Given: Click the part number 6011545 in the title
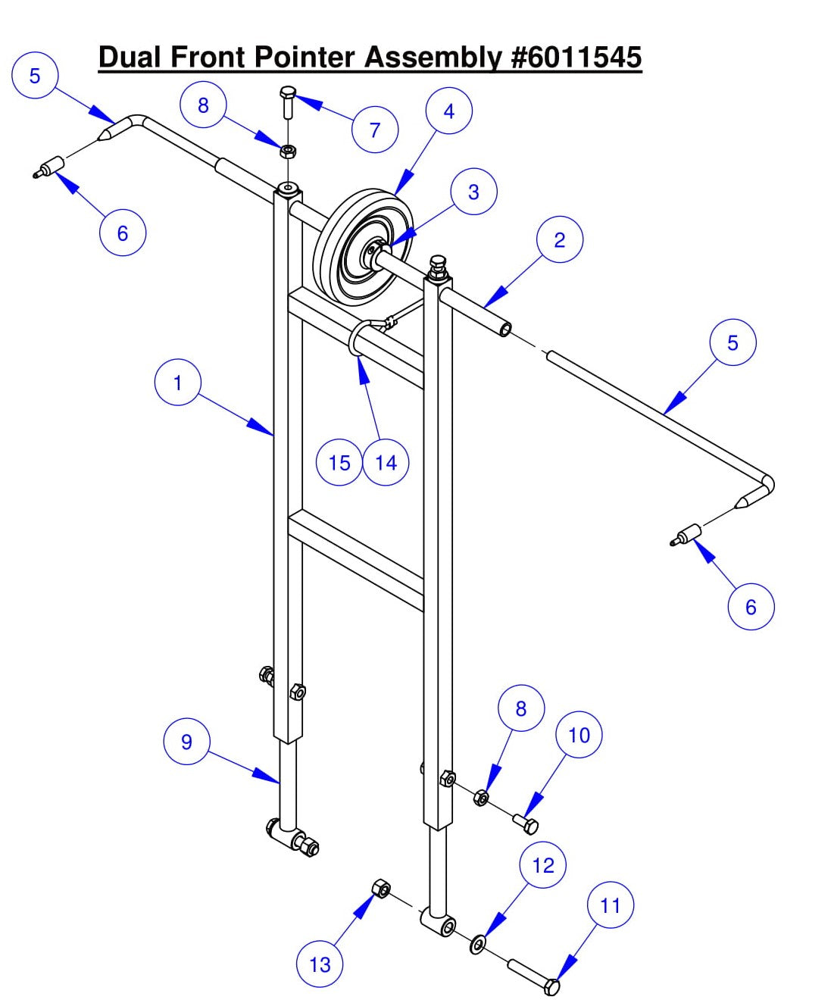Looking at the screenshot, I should tap(577, 58).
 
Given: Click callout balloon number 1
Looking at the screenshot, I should tap(177, 383).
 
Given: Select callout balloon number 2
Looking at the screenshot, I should tap(559, 240).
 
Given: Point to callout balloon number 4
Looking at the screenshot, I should tap(448, 111).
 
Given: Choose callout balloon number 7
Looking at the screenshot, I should tap(375, 130).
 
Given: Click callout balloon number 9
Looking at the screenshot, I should tap(186, 742).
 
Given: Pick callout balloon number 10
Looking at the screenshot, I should tap(579, 735).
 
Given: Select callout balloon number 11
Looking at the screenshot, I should tap(610, 905).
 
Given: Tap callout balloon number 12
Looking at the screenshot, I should tap(543, 865).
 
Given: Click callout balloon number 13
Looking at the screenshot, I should tap(320, 964).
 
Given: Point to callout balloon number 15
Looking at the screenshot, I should tap(339, 462).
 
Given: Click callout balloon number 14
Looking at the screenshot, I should tap(386, 462).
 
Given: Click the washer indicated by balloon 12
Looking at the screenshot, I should tap(478, 945).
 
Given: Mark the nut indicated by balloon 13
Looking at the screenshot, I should tap(381, 889).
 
